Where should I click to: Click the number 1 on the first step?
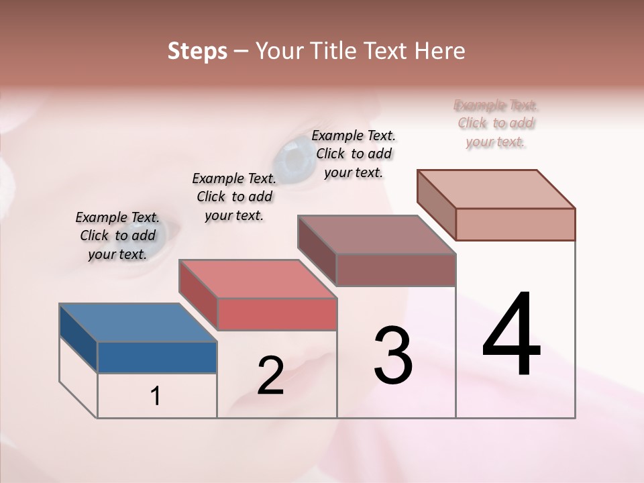point(156,396)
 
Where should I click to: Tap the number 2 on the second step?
point(270,376)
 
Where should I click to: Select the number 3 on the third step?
point(393,356)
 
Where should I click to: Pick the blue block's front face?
point(157,357)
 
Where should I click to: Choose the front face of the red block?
point(276,314)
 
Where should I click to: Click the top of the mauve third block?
point(376,235)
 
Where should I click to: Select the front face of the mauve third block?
point(396,270)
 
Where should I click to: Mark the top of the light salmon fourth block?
point(496,189)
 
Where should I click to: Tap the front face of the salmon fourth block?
point(515,224)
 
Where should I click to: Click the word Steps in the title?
point(197,51)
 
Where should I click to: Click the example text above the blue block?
point(117,235)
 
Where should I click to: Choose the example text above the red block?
point(234,197)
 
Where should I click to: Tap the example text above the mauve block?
point(354,154)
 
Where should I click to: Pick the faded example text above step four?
point(496,123)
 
